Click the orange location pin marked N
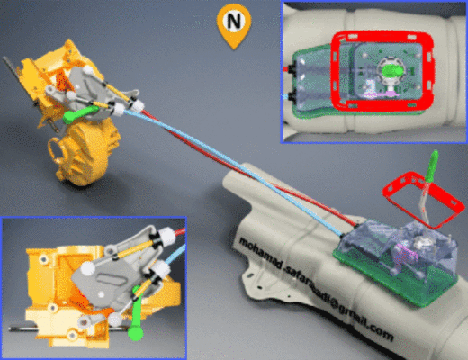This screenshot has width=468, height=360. [234, 25]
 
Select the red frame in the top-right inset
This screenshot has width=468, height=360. [335, 72]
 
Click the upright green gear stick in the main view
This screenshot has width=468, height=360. [431, 166]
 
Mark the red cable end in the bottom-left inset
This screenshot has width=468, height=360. [179, 232]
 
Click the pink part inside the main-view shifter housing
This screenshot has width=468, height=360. [404, 254]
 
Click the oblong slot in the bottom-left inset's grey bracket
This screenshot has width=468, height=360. [113, 278]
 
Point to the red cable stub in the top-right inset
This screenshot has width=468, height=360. [286, 68]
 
